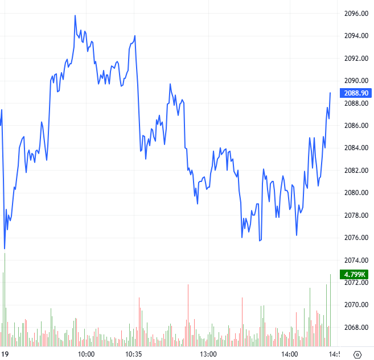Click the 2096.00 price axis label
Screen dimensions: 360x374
click(355, 14)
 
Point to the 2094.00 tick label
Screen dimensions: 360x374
click(355, 36)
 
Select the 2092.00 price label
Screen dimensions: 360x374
click(355, 59)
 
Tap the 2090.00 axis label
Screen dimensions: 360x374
click(355, 81)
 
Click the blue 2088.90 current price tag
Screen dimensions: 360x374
click(355, 93)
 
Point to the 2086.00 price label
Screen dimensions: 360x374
click(355, 126)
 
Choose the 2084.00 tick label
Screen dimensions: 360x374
click(355, 148)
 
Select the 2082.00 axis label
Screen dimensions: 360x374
click(355, 171)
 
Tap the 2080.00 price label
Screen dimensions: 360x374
click(355, 193)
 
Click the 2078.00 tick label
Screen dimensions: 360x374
click(355, 215)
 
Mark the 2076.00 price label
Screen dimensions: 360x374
click(355, 238)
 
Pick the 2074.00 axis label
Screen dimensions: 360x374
click(355, 260)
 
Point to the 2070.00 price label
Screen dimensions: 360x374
click(355, 305)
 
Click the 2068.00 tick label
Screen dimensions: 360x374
click(355, 328)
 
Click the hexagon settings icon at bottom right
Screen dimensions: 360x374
click(357, 354)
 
